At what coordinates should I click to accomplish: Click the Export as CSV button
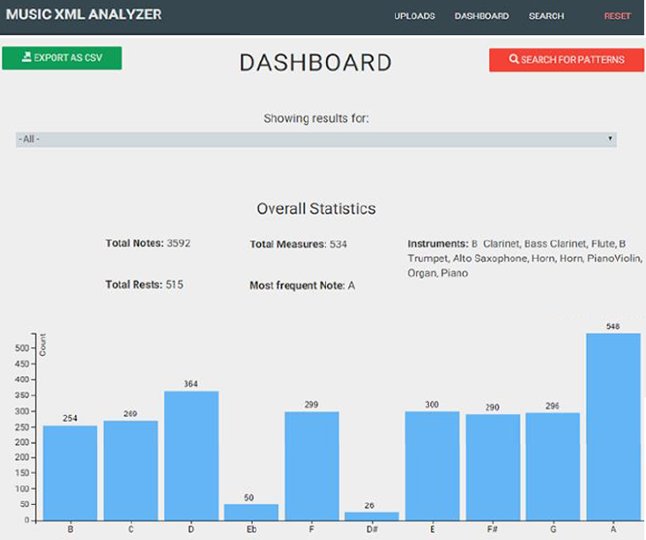[x=62, y=57]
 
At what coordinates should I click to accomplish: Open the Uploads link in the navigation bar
[x=414, y=16]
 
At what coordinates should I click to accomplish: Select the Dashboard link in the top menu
[x=481, y=16]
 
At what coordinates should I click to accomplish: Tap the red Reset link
[x=617, y=16]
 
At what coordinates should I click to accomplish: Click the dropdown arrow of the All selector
[x=610, y=138]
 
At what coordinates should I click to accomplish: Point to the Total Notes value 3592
[x=178, y=243]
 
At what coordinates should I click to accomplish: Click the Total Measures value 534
[x=338, y=244]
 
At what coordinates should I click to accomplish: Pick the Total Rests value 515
[x=174, y=285]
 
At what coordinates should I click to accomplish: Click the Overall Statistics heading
[x=316, y=209]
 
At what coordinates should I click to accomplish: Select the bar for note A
[x=613, y=426]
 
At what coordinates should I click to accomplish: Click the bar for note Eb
[x=251, y=513]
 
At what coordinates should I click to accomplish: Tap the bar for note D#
[x=372, y=516]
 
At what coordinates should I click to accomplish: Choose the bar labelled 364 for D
[x=191, y=456]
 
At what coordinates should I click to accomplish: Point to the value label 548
[x=613, y=327]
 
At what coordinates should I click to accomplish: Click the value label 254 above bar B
[x=70, y=418]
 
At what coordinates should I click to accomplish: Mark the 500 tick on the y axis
[x=22, y=348]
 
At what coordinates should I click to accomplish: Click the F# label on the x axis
[x=493, y=529]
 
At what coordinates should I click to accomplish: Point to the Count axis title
[x=43, y=345]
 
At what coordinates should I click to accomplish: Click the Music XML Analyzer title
[x=84, y=14]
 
